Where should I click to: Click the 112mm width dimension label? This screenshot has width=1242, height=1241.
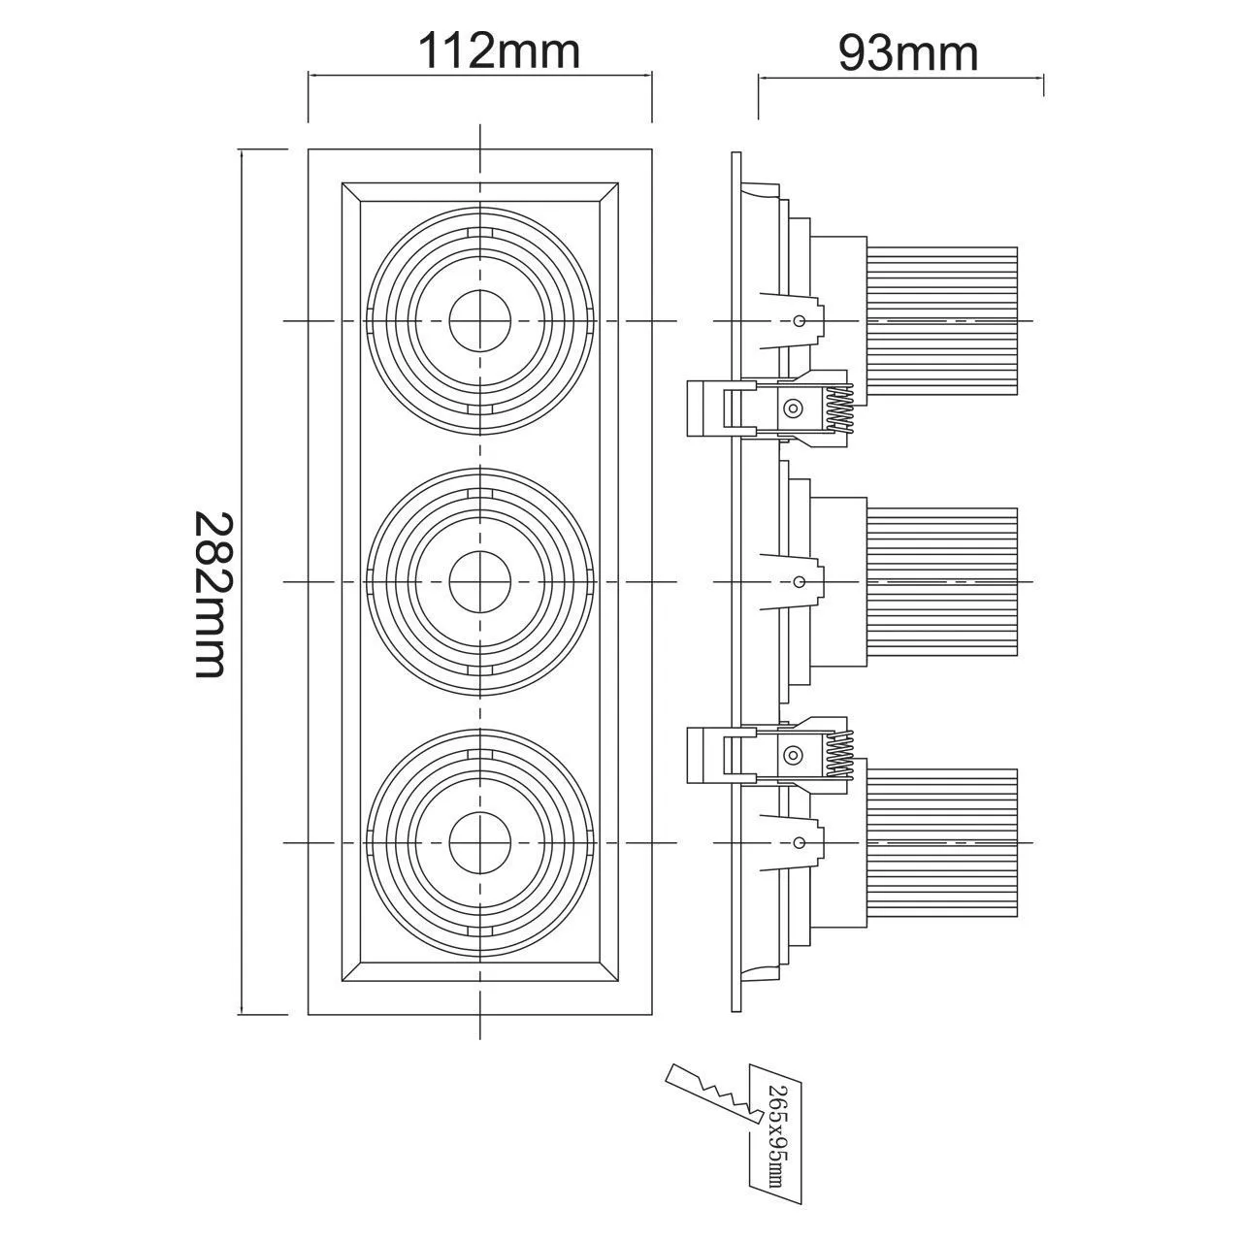[x=499, y=50]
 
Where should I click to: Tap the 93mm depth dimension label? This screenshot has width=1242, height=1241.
[x=908, y=53]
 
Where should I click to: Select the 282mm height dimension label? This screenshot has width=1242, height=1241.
[x=211, y=595]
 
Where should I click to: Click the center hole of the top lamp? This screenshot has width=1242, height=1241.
[x=480, y=321]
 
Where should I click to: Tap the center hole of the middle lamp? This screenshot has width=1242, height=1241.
[x=480, y=581]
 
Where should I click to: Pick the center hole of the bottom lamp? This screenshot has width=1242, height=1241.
[x=480, y=841]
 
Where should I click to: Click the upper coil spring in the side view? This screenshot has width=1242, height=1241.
[x=841, y=407]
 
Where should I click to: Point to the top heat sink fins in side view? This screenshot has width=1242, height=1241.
[x=941, y=321]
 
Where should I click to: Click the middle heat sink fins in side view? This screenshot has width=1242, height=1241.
[x=941, y=581]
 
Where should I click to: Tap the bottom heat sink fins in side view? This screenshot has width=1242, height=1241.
[x=941, y=841]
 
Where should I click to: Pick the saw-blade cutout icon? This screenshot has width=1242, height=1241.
[x=710, y=1097]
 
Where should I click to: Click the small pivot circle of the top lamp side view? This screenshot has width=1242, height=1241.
[x=799, y=321]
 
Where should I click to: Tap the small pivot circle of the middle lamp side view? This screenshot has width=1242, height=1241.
[x=799, y=582]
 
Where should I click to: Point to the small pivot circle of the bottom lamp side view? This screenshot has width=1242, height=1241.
[x=799, y=841]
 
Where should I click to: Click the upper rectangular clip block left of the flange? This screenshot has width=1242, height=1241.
[x=706, y=408]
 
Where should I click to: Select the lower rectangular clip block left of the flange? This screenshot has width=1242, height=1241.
[x=706, y=755]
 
